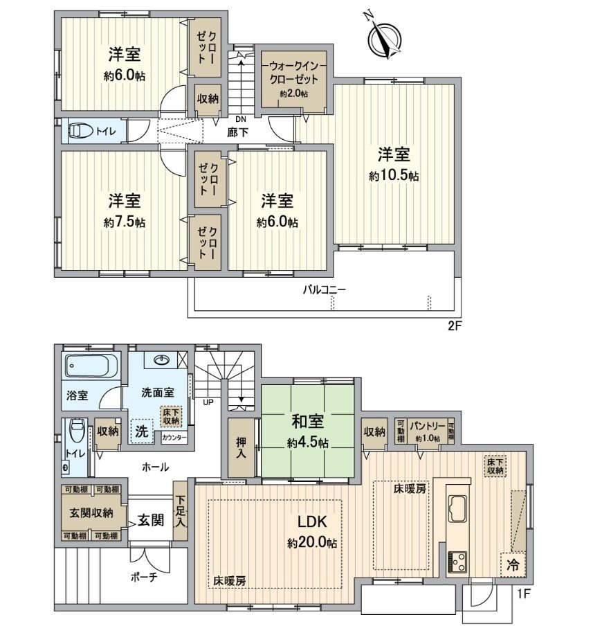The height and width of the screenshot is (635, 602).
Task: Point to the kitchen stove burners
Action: pos(457,560)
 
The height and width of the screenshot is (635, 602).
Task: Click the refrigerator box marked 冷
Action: pos(511,564)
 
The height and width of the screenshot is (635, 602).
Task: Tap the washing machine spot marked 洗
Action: pos(141,429)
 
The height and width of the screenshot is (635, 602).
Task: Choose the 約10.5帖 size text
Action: pos(393,176)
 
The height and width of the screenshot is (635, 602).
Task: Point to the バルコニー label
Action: pos(323,290)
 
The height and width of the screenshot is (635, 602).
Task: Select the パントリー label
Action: pos(426,426)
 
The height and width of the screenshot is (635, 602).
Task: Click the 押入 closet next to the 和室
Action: pos(240,447)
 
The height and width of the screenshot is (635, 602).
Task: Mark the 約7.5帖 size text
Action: pos(125,222)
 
